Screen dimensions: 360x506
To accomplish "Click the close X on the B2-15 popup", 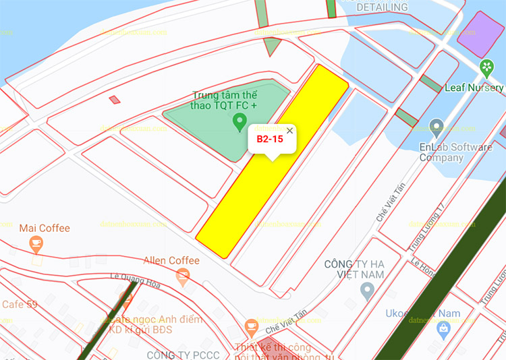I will click(x=289, y=131).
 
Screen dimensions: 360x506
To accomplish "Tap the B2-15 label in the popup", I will click(x=269, y=140).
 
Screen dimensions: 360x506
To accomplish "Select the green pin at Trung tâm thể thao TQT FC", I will click(x=239, y=122).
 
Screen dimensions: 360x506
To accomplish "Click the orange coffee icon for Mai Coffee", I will click(x=36, y=244).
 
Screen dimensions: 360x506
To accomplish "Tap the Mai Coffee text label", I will click(x=45, y=228).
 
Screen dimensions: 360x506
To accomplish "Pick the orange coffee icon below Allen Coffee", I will click(x=181, y=275).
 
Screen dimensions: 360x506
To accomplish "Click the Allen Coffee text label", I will click(x=171, y=260).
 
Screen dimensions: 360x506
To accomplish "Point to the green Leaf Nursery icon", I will click(x=486, y=67).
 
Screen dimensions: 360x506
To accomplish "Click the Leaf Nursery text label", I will click(x=474, y=88).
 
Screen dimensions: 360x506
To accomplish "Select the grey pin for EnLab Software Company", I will click(x=437, y=126).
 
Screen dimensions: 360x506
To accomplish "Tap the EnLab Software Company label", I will click(x=455, y=152).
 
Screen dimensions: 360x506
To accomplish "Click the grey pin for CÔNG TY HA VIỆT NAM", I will click(x=367, y=291).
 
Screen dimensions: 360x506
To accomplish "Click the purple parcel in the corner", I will click(x=480, y=33).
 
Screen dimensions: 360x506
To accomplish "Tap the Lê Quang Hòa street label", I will click(x=135, y=279).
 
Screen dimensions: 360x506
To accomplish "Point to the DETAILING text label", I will click(x=382, y=7).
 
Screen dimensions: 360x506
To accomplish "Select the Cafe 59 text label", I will click(x=20, y=305).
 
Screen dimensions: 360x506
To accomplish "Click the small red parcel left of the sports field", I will click(x=115, y=100).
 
